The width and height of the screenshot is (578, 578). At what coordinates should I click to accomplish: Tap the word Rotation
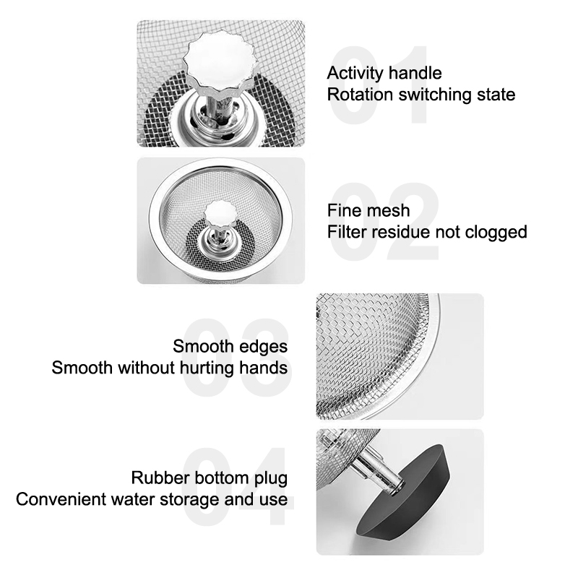pos(360,95)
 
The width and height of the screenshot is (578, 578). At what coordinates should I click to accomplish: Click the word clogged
pos(496,233)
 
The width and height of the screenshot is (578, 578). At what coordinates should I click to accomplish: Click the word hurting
pos(207,368)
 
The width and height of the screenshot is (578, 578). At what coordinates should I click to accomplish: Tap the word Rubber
pos(160,478)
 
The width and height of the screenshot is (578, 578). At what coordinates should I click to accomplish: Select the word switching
pos(435,95)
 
